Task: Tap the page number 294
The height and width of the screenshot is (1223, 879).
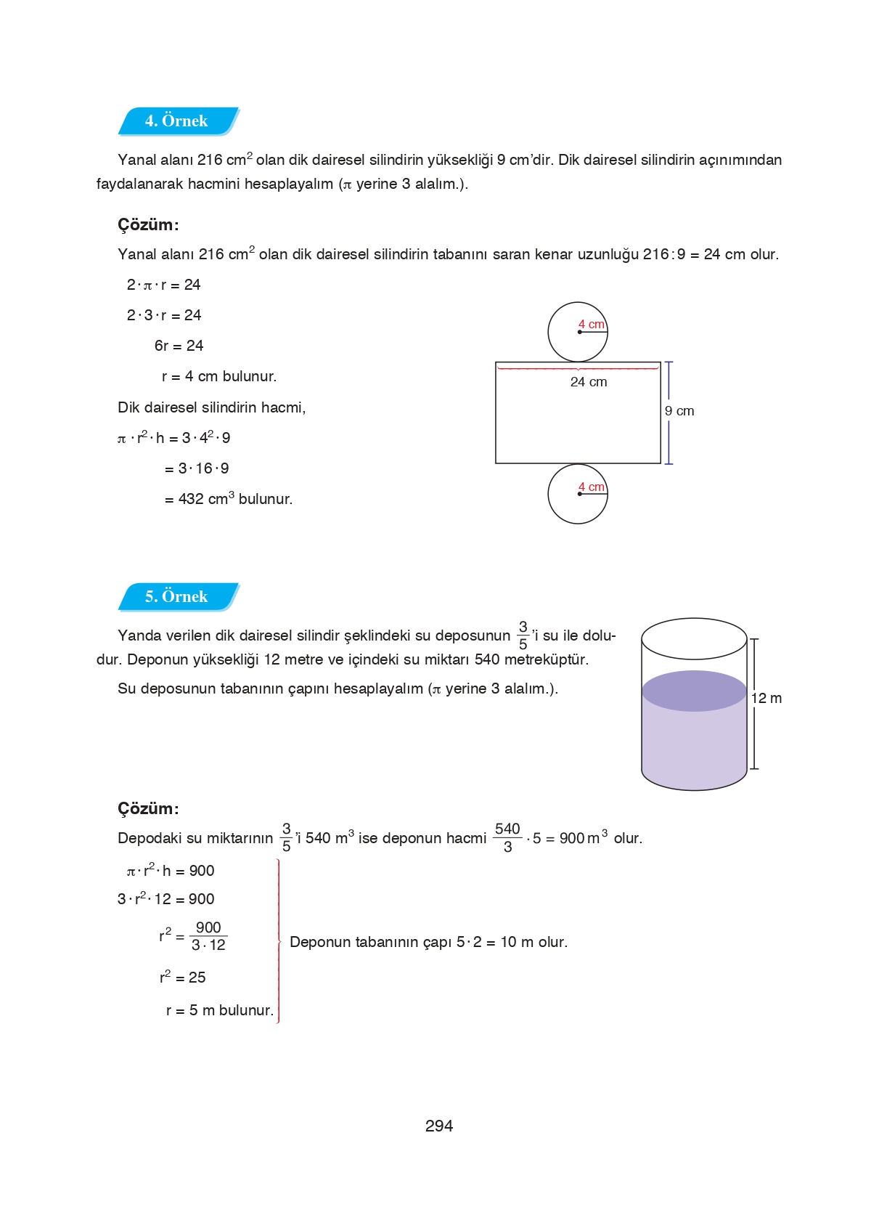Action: [x=438, y=1126]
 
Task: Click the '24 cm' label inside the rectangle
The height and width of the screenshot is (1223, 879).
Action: [x=588, y=382]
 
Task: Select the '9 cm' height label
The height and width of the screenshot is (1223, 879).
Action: [x=679, y=411]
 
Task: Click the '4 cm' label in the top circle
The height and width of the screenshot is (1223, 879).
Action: [x=591, y=325]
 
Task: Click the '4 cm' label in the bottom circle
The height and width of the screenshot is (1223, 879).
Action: [x=591, y=487]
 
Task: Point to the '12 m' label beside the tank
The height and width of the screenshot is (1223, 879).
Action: [x=766, y=699]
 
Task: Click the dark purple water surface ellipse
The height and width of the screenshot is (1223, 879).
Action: [x=694, y=691]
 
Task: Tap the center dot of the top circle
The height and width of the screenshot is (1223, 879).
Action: [x=579, y=333]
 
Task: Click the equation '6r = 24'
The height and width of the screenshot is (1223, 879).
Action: [x=179, y=346]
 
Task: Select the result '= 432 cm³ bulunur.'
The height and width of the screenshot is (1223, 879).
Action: [x=228, y=499]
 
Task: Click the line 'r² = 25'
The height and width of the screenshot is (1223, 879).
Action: [x=183, y=978]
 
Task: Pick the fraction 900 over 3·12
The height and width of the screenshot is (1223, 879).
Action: [x=208, y=936]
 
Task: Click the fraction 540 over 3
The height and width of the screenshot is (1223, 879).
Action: [x=507, y=837]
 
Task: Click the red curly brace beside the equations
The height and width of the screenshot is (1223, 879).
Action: [x=279, y=941]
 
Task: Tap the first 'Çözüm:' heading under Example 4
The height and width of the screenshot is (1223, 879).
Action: [x=148, y=225]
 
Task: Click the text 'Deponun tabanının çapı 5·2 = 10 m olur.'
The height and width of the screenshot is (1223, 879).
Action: [x=428, y=942]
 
